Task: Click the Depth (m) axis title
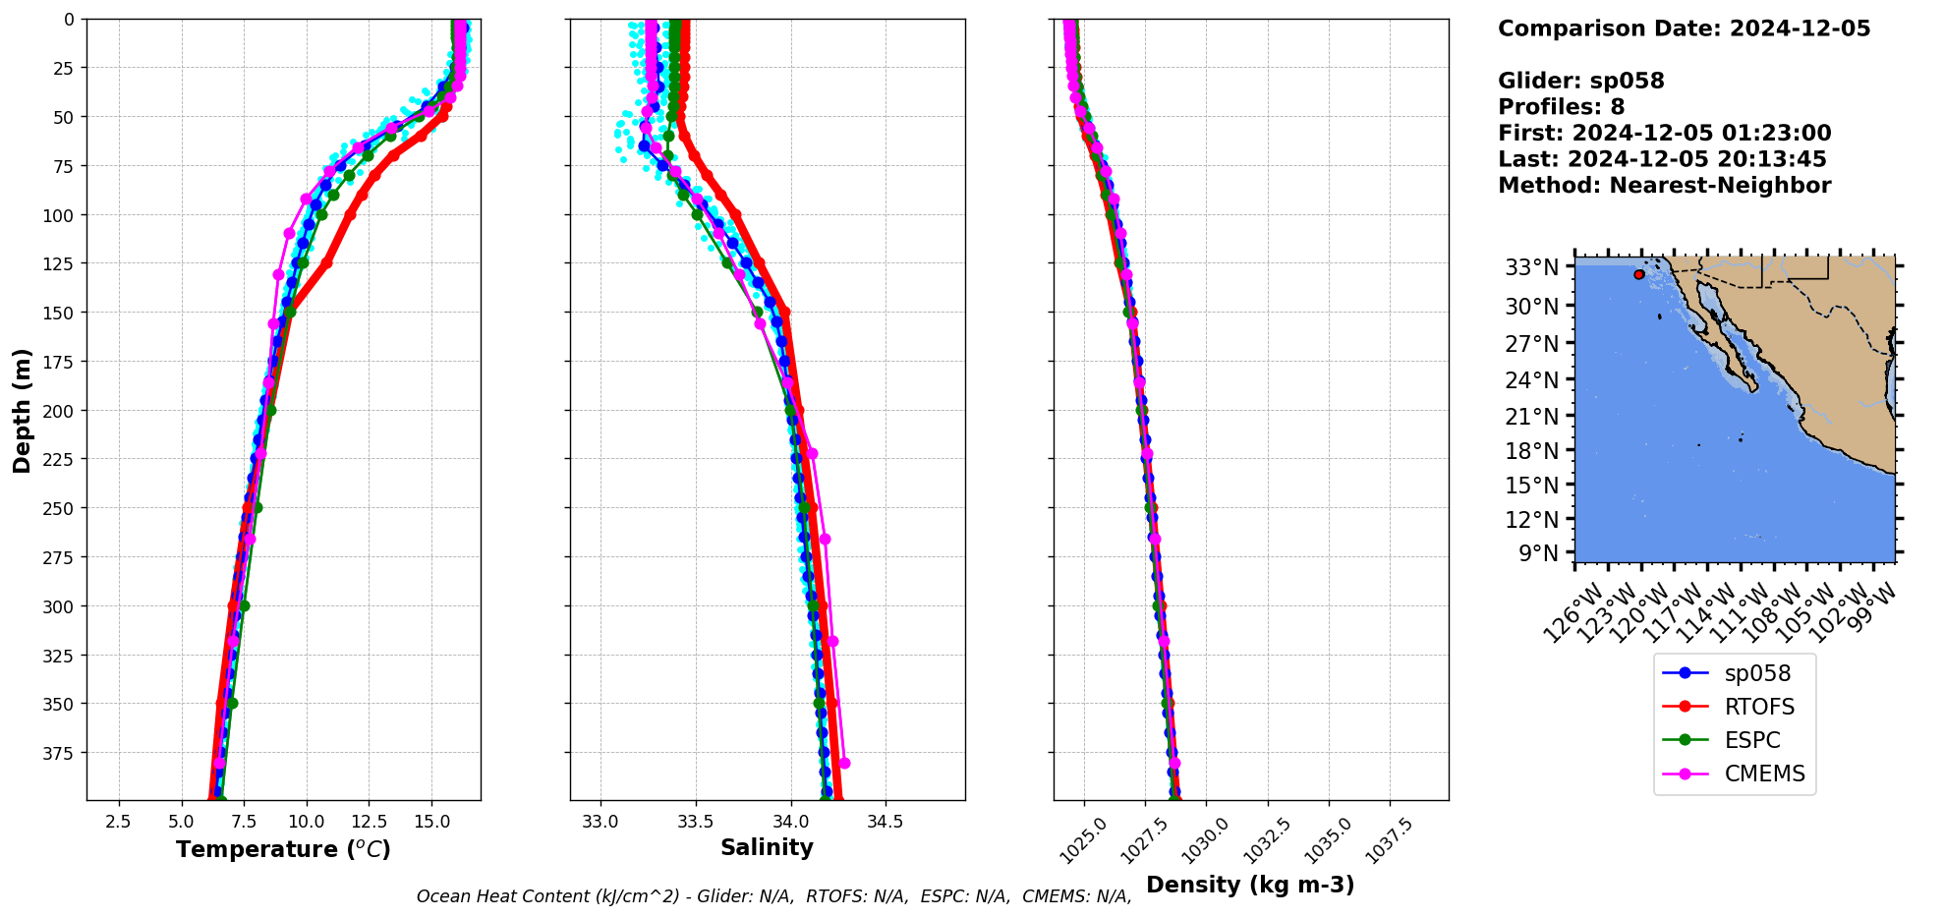point(22,410)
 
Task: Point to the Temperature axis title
point(283,849)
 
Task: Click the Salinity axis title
point(767,847)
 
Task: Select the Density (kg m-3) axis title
point(1250,885)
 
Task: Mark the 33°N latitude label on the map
point(1531,267)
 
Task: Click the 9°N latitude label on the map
point(1538,553)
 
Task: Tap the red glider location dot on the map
point(1639,274)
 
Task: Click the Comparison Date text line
point(1684,29)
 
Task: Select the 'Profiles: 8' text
point(1561,107)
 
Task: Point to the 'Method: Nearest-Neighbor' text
point(1664,186)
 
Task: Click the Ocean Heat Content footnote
point(773,896)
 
